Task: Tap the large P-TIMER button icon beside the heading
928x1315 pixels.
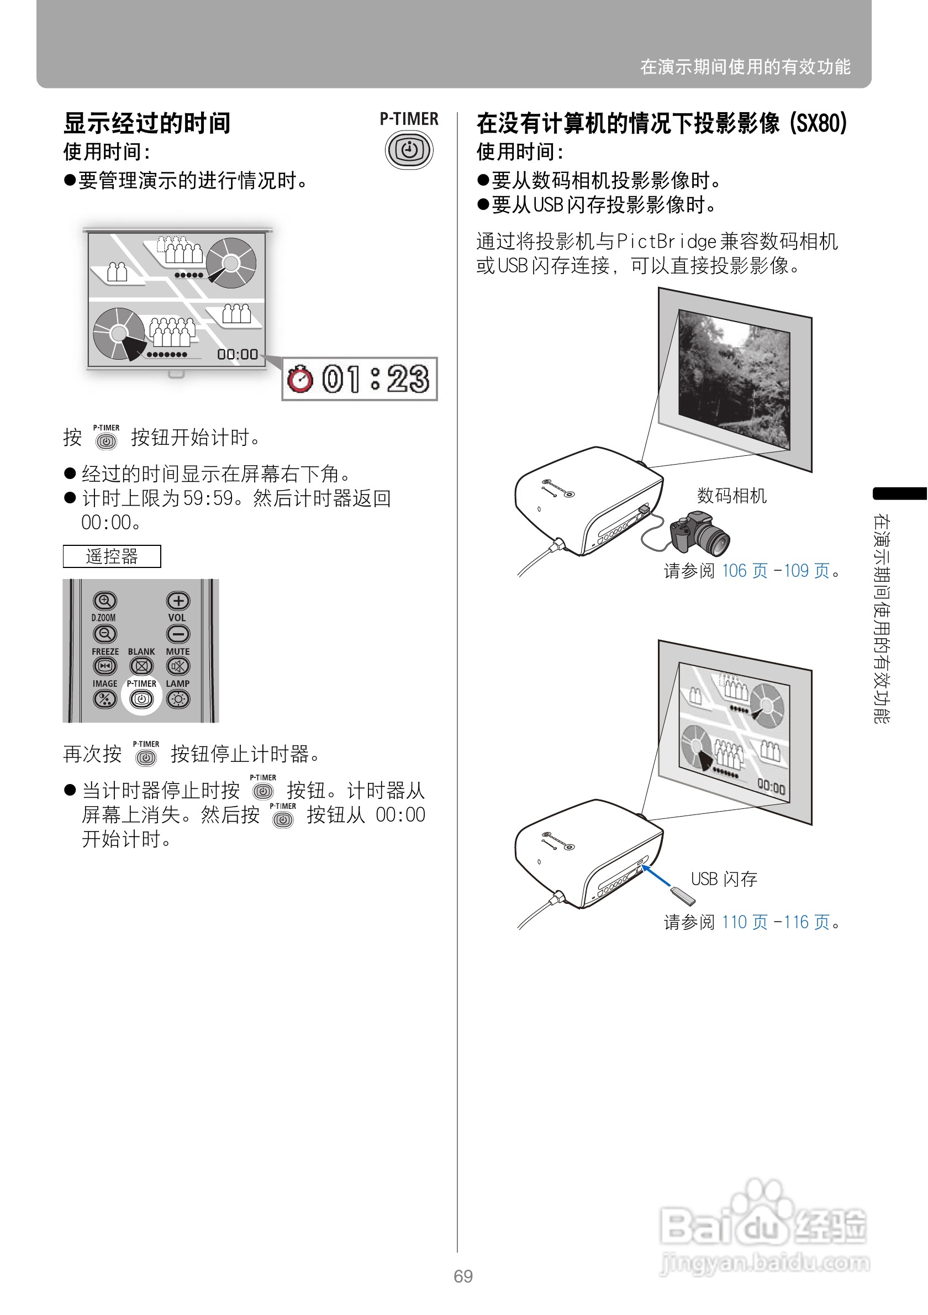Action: [x=409, y=150]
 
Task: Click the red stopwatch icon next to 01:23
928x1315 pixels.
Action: [x=300, y=378]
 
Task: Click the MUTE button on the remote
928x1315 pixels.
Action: [x=178, y=666]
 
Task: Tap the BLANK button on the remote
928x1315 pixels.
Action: [x=141, y=666]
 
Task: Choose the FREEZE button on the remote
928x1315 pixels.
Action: [x=105, y=666]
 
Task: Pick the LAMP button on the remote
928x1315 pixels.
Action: [x=178, y=699]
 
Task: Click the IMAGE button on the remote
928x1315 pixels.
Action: [x=105, y=699]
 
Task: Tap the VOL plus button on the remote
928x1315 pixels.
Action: [x=178, y=601]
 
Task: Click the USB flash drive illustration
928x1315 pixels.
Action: [x=683, y=896]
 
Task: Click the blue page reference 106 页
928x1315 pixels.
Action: [x=744, y=570]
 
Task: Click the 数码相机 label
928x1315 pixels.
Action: [x=732, y=496]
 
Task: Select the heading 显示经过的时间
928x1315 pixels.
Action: [x=147, y=123]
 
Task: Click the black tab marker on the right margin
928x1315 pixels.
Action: [x=899, y=493]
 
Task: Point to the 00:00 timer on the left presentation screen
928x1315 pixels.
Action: [x=237, y=355]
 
